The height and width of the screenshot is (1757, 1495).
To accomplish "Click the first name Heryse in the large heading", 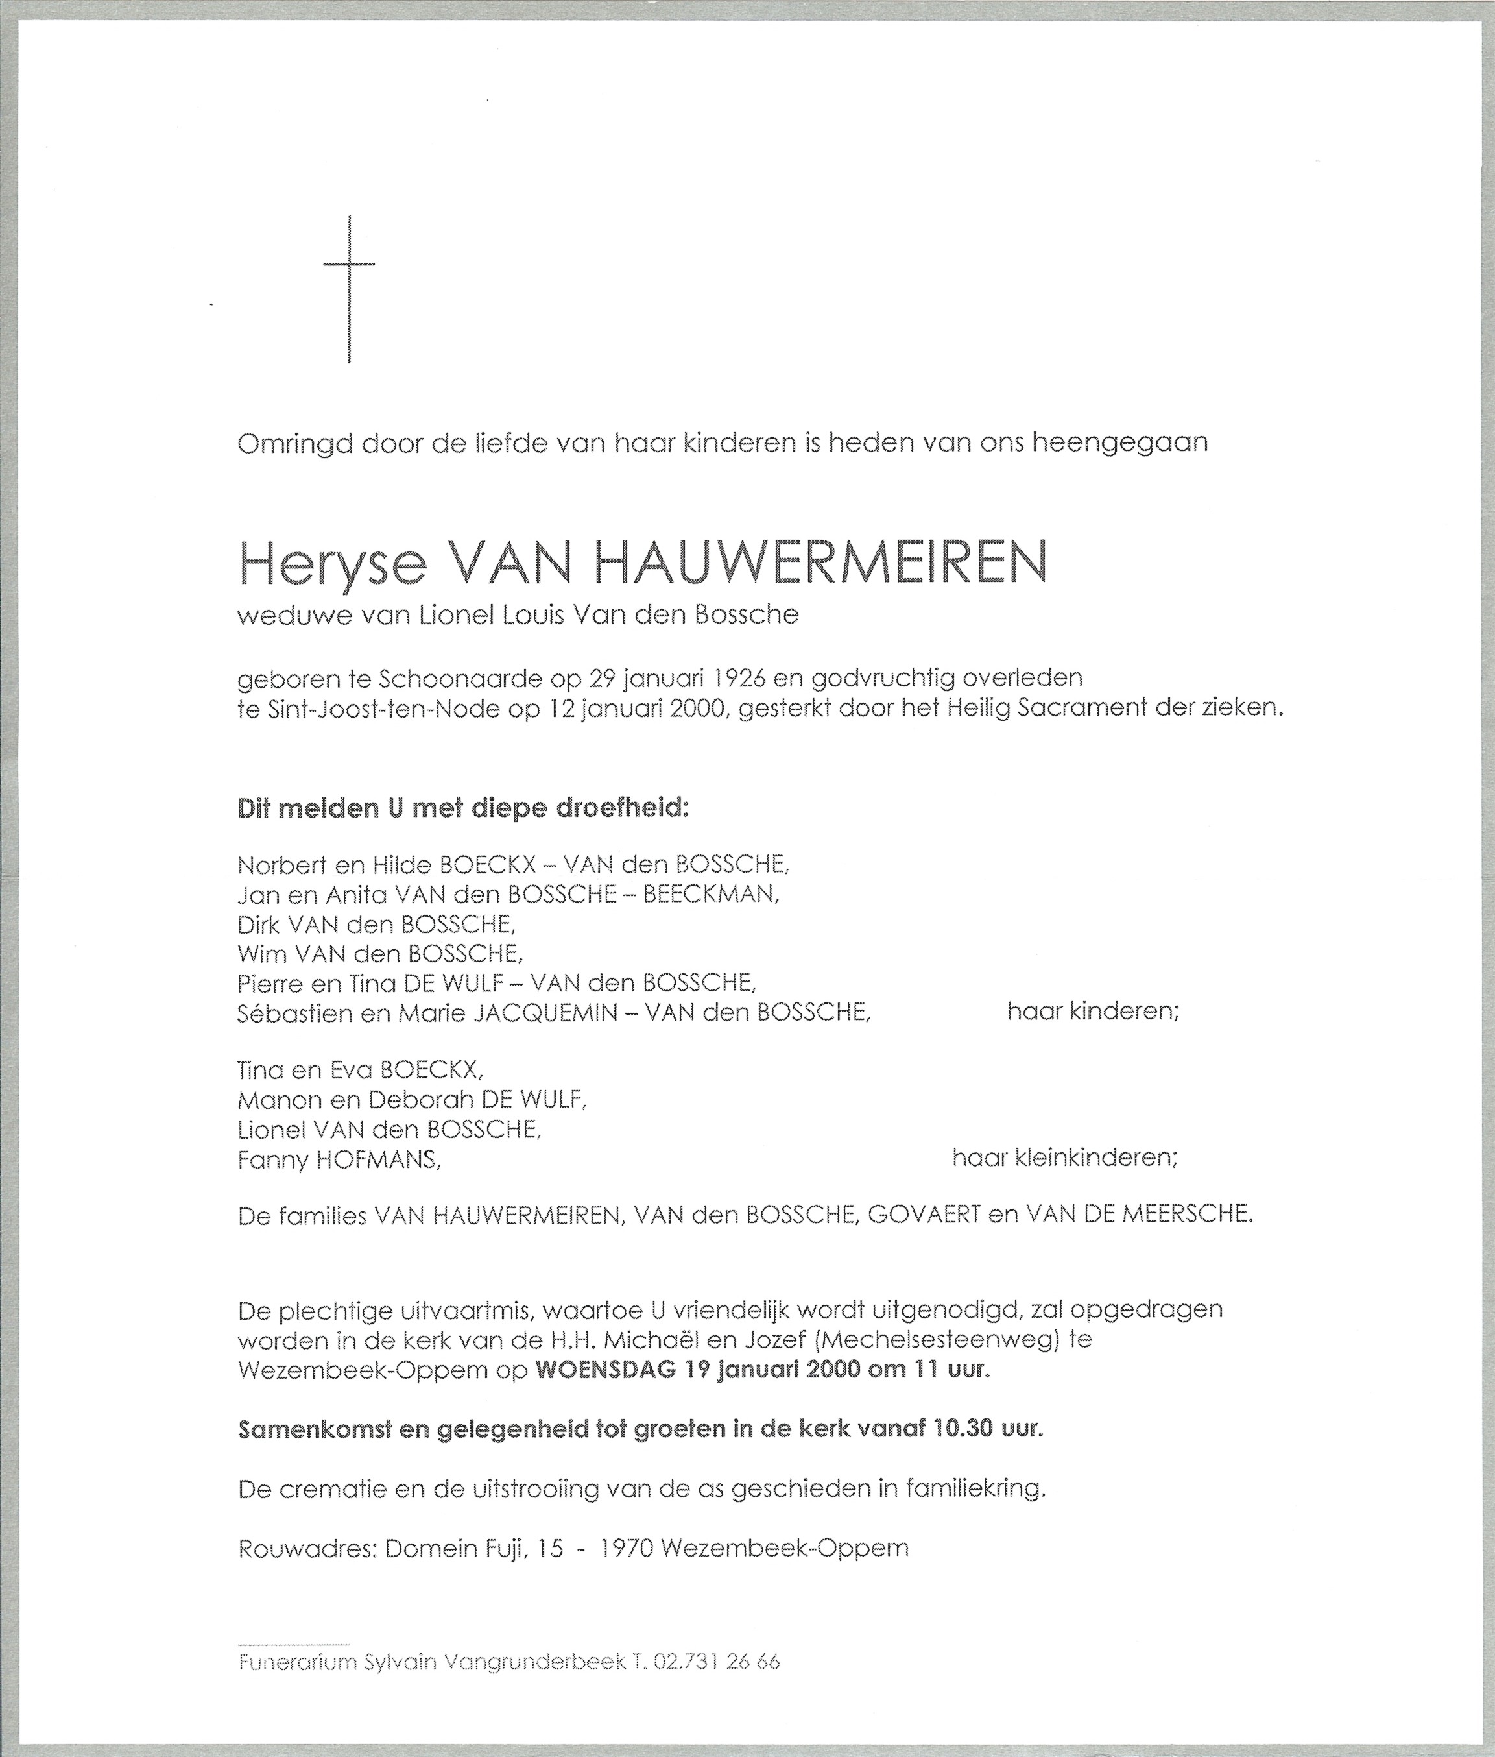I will (332, 564).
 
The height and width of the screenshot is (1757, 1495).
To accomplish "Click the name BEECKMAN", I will (710, 894).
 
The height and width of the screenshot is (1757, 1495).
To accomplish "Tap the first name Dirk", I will (259, 924).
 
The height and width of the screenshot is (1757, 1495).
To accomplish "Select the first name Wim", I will (262, 954).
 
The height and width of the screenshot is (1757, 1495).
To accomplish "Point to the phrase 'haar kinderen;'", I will (1092, 1011).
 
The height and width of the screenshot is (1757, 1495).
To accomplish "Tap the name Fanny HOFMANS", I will (339, 1159).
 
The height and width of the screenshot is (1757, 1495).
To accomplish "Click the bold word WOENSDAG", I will (605, 1370).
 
